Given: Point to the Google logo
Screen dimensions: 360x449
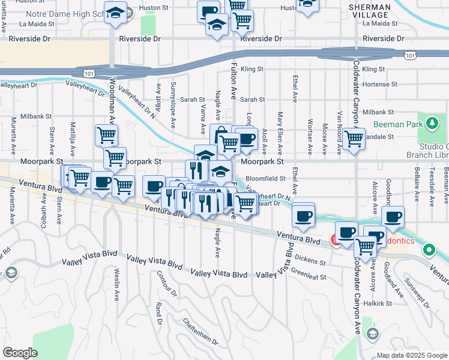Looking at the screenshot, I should [x=19, y=353].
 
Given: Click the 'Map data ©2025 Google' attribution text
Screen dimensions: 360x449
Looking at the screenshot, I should [x=411, y=355].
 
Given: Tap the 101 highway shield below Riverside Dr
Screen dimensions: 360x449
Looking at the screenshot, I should [x=409, y=56].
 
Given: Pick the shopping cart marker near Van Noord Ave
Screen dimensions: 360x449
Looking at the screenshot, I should [x=354, y=139].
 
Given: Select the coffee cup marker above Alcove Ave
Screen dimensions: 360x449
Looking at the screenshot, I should [x=393, y=217].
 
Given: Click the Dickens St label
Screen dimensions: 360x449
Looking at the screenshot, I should [x=310, y=261].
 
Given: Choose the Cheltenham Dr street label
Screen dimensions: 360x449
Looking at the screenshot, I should [x=200, y=332].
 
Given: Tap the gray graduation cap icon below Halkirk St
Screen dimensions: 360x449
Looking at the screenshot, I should [x=372, y=333].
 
